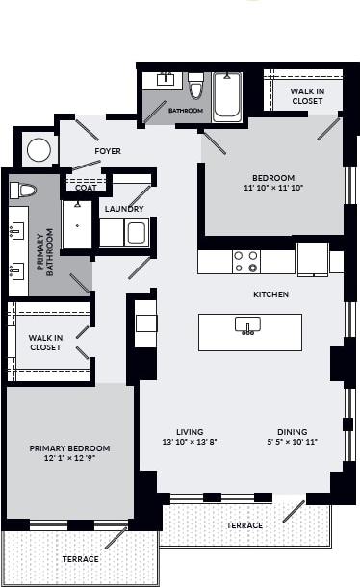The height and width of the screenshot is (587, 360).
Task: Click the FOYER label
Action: [x=108, y=152]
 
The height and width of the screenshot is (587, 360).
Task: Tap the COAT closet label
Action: [x=86, y=188]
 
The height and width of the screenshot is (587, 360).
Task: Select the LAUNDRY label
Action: [x=124, y=209]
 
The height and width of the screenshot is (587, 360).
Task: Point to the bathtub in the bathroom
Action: [x=227, y=97]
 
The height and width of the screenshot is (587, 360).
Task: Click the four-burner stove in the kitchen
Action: [x=246, y=262]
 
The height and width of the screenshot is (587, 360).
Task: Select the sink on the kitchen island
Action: [x=249, y=329]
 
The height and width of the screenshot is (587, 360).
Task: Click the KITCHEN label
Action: [x=271, y=294]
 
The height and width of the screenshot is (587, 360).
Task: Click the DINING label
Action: [x=292, y=432]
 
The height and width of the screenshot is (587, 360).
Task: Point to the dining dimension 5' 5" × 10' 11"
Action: [x=292, y=443]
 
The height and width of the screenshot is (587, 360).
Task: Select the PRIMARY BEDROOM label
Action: [x=69, y=448]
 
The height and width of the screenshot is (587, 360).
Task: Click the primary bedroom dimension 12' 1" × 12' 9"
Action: [x=69, y=459]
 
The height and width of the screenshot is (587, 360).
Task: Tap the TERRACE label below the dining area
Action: [x=244, y=526]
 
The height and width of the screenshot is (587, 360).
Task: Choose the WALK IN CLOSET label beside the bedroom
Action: [x=307, y=95]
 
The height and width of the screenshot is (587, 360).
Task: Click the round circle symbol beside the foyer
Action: [x=39, y=150]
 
